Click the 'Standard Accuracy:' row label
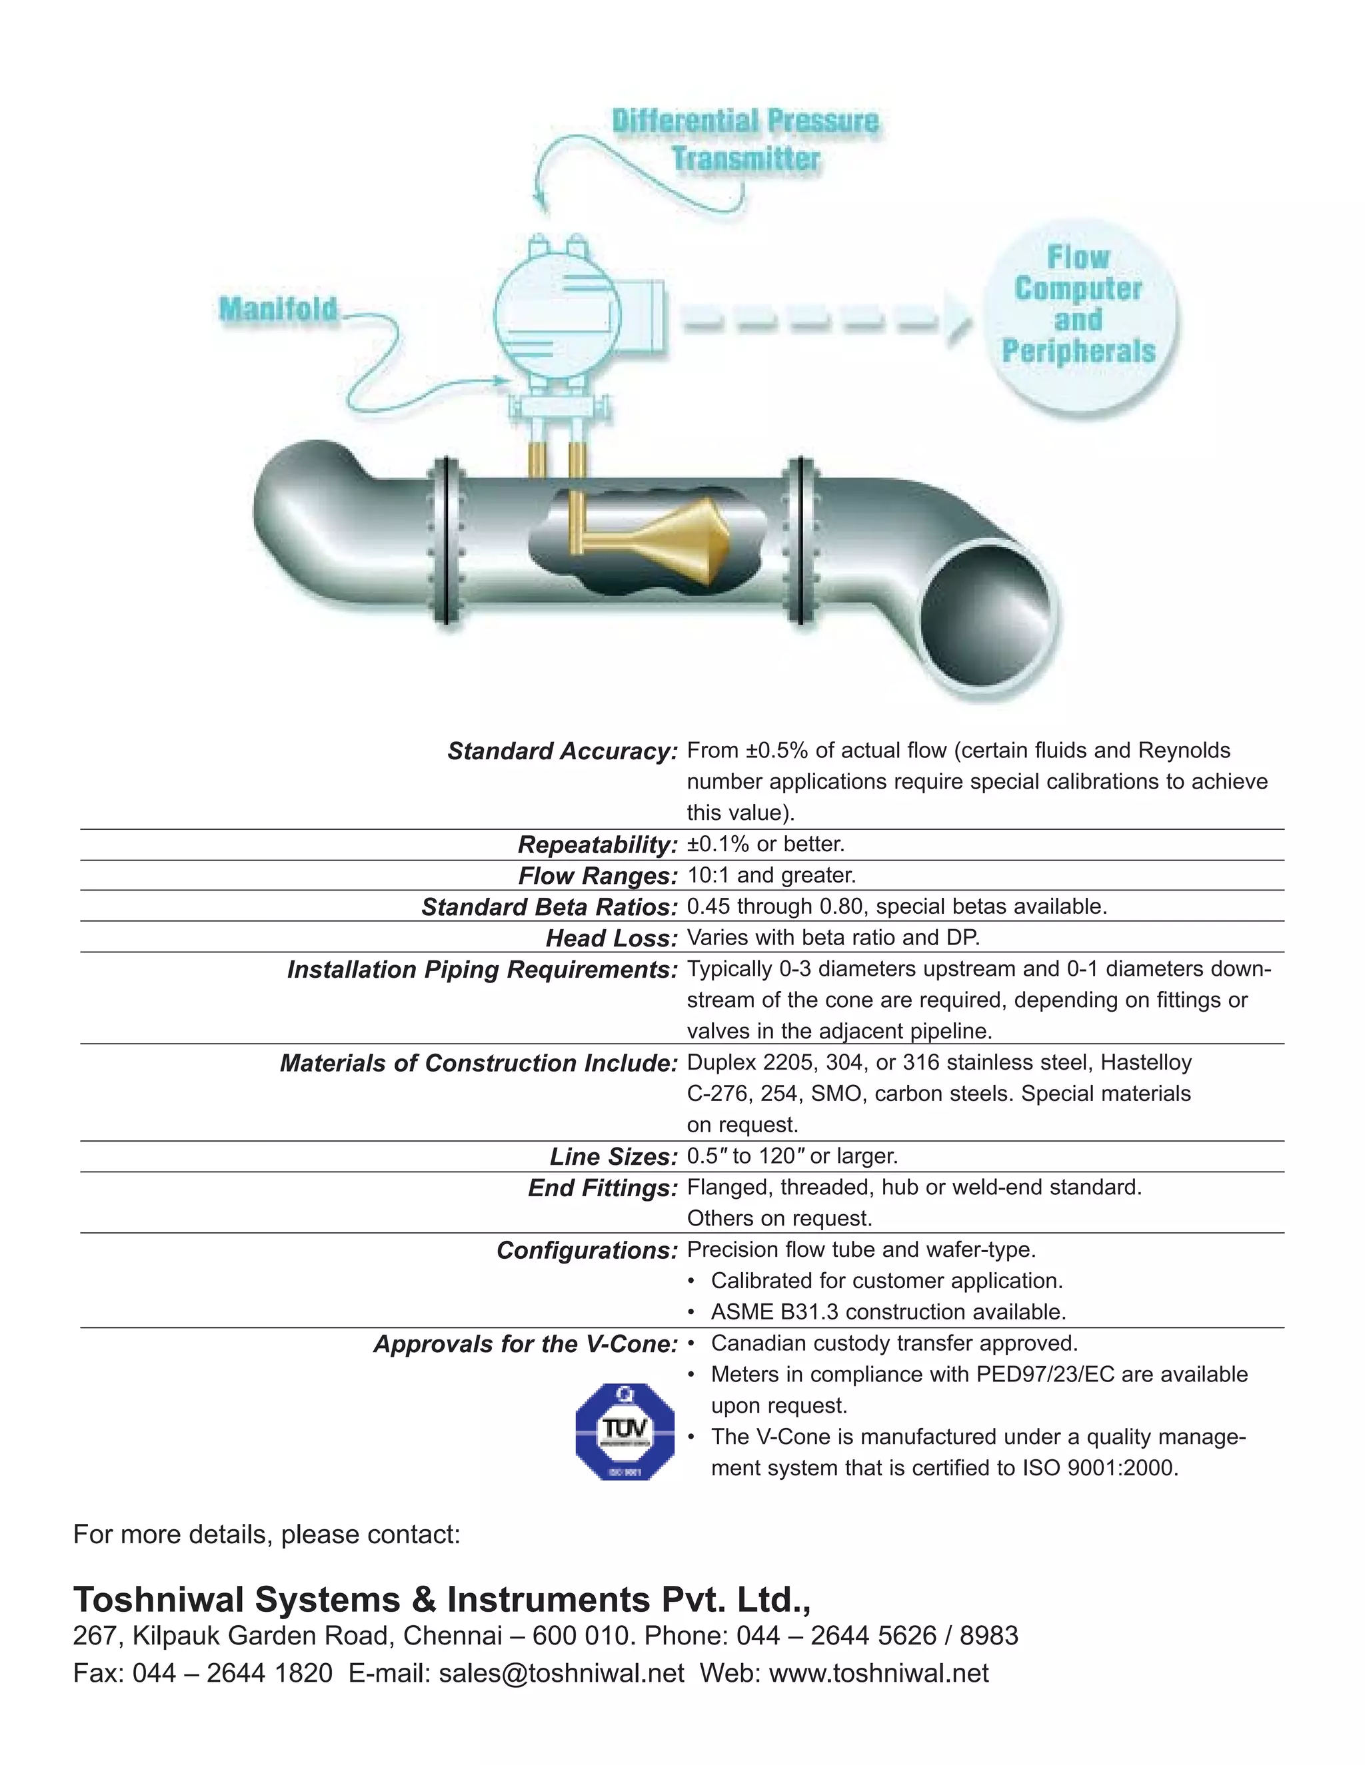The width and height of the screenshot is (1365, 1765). (562, 751)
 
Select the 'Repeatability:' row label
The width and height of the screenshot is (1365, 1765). (597, 845)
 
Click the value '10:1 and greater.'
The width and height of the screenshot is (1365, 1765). (770, 875)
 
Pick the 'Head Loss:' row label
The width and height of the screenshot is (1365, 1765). (611, 938)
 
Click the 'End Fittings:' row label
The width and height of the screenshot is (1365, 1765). (602, 1188)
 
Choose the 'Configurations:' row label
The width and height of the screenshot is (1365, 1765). (587, 1250)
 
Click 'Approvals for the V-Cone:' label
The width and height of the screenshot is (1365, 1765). (525, 1344)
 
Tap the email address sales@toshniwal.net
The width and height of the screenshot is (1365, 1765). (561, 1673)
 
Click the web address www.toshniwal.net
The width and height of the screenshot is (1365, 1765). (878, 1673)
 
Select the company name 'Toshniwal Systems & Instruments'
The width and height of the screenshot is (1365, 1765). (363, 1600)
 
